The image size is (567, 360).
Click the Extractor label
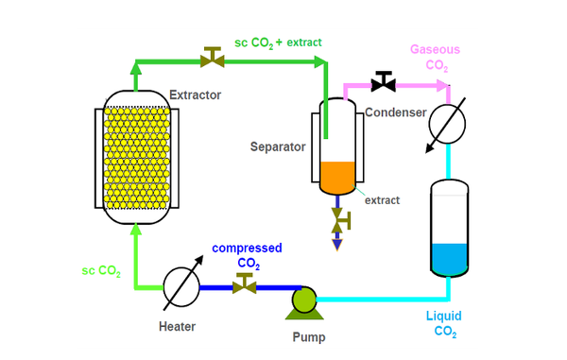click(195, 95)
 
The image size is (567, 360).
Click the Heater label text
click(177, 326)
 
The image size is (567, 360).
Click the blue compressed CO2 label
click(247, 255)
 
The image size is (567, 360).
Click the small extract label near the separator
click(383, 199)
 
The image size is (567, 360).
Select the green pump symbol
click(304, 300)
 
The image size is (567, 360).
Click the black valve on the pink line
click(383, 83)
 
